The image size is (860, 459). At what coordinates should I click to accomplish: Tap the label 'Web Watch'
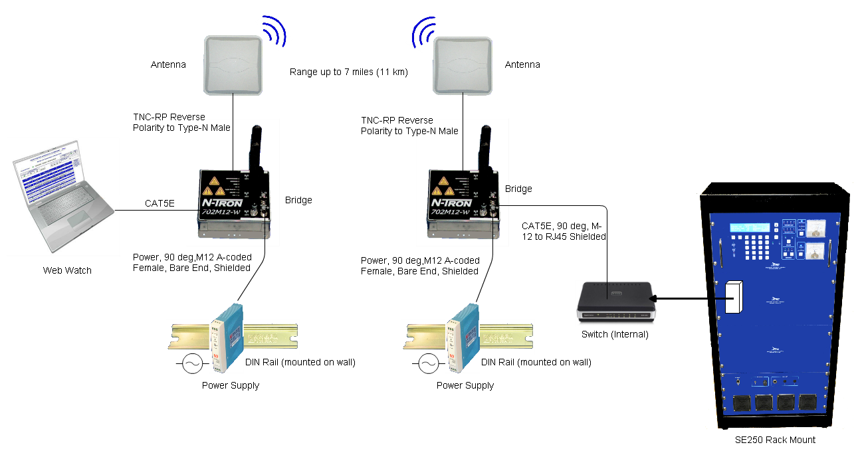(67, 270)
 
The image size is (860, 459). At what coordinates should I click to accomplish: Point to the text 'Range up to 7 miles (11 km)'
(348, 72)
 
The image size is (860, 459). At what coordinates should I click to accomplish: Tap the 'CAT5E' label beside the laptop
(160, 203)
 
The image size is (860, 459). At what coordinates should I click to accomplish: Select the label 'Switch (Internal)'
(613, 334)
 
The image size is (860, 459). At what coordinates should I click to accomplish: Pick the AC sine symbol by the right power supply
(427, 363)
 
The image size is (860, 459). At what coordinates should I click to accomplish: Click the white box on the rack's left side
(732, 298)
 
